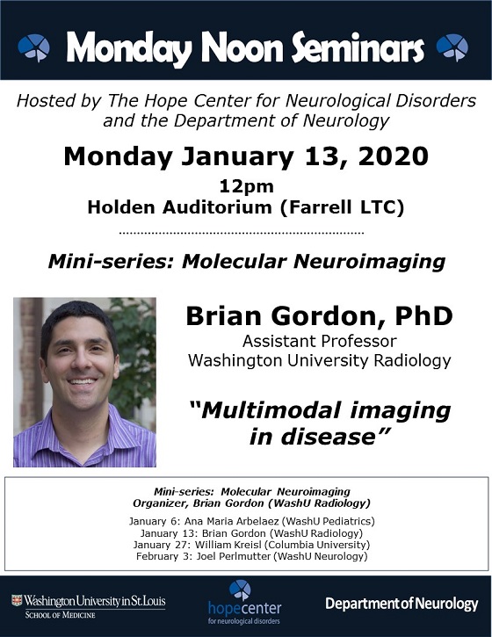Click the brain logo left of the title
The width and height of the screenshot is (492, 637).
[33, 48]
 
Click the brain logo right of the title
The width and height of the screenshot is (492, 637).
[452, 47]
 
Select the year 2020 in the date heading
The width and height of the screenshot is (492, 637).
[394, 156]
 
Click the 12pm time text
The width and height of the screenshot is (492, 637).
[247, 186]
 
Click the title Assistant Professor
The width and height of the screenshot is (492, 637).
[319, 341]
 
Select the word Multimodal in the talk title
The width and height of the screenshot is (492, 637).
[271, 410]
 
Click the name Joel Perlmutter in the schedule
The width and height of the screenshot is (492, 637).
[233, 556]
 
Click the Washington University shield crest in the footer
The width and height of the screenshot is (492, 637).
[17, 600]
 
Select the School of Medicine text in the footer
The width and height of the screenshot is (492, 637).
[60, 615]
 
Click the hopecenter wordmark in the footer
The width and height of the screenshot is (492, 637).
[244, 608]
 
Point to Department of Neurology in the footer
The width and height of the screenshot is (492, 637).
[402, 604]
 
